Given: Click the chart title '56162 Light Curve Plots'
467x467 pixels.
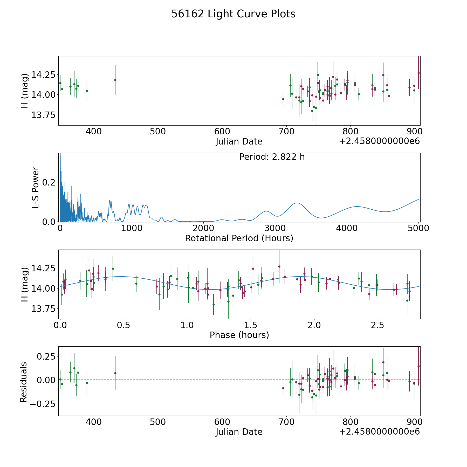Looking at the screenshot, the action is [x=233, y=14].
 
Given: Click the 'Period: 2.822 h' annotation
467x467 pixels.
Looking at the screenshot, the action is [x=272, y=157].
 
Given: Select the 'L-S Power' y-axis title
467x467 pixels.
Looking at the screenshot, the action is [x=36, y=188].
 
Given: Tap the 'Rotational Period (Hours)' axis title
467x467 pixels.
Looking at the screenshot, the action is [x=239, y=238].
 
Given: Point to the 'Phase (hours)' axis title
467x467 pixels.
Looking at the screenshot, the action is [x=239, y=335].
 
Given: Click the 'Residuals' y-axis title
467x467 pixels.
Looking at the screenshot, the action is [x=23, y=382].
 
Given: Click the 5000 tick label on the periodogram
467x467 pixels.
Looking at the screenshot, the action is [x=418, y=228].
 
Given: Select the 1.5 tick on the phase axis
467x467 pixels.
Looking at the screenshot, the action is [x=251, y=325].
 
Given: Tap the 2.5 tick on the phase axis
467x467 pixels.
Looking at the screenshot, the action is [x=377, y=325].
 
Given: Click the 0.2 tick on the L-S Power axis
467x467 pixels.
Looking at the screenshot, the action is [x=49, y=182].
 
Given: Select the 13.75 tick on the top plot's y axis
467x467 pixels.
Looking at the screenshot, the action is [x=43, y=115].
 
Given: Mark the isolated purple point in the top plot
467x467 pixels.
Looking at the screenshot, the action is [x=115, y=80].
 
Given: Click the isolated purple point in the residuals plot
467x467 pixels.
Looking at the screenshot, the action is [x=115, y=373].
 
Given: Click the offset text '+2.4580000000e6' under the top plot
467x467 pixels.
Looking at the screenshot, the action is [x=379, y=141].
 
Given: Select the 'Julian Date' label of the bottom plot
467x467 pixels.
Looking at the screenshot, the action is [x=239, y=432].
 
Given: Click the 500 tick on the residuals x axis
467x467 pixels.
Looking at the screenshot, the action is [x=158, y=422].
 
